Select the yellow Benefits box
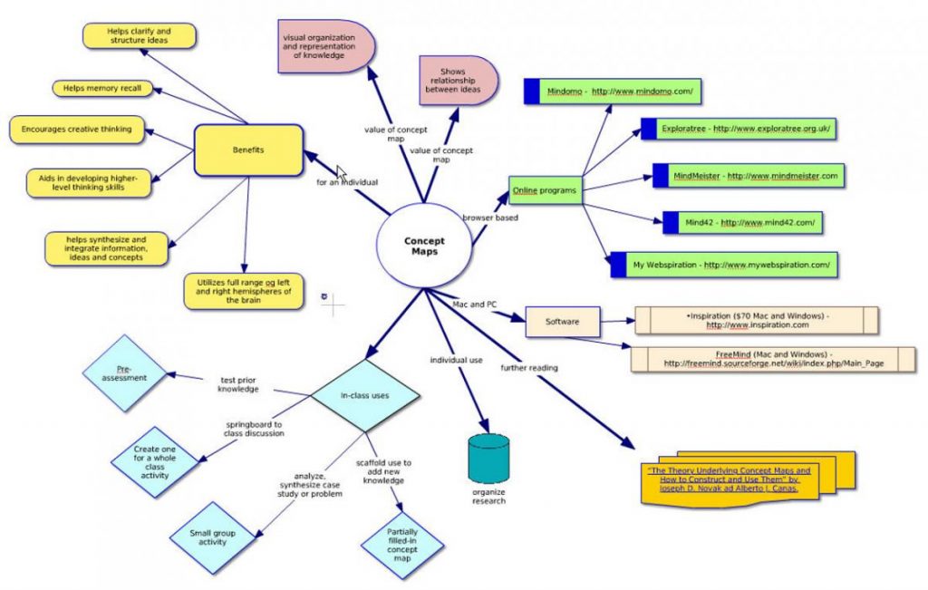point(248,150)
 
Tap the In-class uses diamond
point(365,395)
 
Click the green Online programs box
point(545,190)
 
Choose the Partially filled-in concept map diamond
point(402,545)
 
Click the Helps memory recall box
point(101,88)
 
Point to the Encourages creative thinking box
point(77,129)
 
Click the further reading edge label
point(529,368)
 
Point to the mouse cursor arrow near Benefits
point(342,172)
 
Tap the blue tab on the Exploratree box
point(648,129)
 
